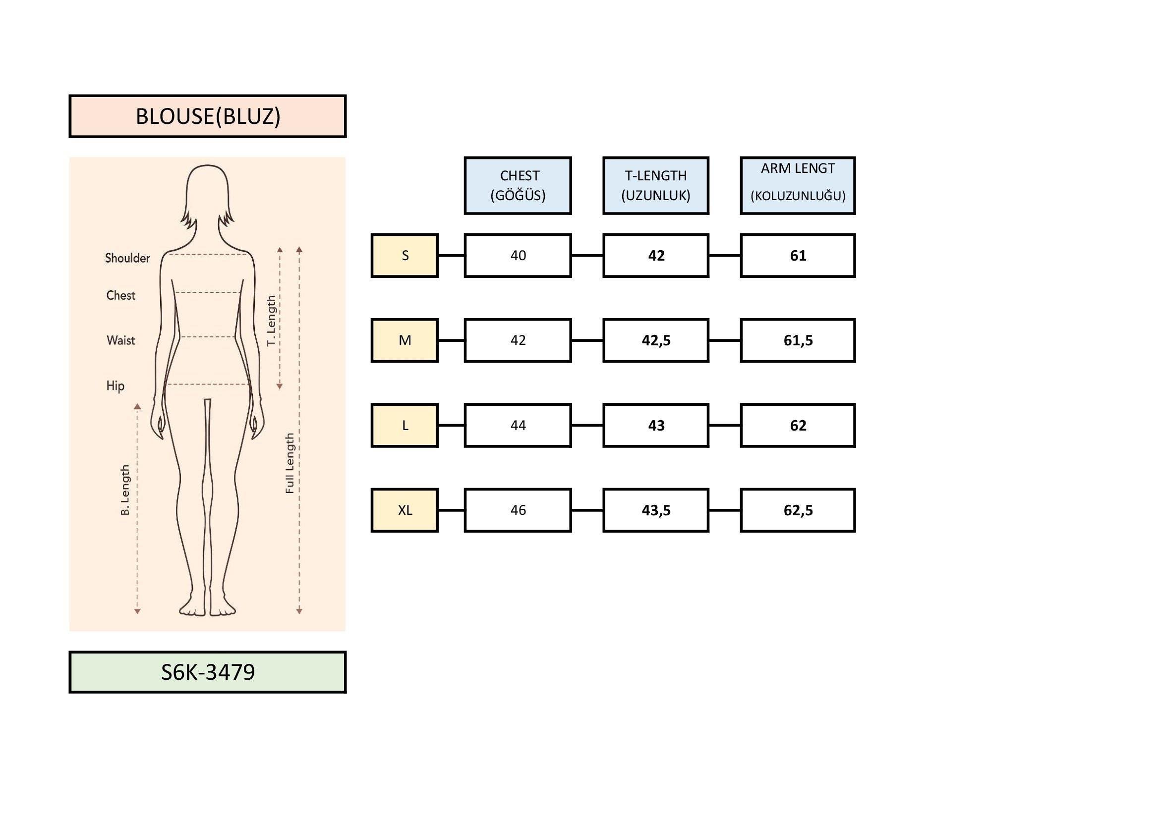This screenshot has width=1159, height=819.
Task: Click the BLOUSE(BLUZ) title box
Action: [208, 116]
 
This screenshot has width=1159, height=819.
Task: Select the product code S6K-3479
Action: [208, 672]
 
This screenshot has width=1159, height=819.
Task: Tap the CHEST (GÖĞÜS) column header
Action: [518, 186]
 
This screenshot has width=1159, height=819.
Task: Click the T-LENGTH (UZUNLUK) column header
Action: [656, 186]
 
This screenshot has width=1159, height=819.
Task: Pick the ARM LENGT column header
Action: [798, 186]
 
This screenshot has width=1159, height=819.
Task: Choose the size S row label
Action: [405, 255]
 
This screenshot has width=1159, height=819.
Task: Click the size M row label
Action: [405, 340]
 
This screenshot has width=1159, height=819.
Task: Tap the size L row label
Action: [405, 426]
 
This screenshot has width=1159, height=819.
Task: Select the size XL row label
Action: [405, 510]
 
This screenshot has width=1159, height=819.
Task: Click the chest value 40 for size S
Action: [518, 255]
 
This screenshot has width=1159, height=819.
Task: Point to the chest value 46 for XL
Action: [518, 510]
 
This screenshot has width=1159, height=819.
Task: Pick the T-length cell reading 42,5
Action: [656, 340]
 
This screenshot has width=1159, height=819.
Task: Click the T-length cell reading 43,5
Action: [656, 510]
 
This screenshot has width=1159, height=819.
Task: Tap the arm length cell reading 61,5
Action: [798, 340]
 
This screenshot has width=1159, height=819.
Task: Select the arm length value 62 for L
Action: [798, 426]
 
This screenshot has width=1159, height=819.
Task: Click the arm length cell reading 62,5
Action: [798, 510]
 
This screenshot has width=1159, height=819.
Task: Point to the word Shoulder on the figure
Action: [127, 258]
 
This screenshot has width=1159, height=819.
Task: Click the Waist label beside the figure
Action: [120, 340]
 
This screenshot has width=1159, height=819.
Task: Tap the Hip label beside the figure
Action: [115, 386]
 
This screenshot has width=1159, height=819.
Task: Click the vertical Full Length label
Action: [289, 463]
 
